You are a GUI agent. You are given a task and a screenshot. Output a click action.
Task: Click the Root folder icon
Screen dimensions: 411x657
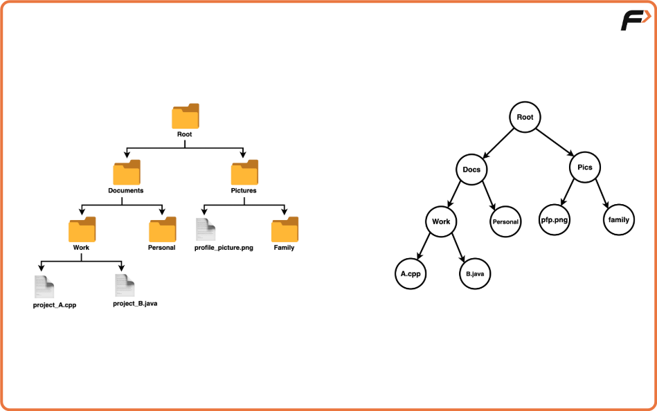(185, 116)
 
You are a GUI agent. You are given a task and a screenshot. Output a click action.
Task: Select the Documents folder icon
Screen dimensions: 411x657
(126, 173)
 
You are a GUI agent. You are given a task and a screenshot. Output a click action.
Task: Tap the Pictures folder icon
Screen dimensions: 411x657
(244, 173)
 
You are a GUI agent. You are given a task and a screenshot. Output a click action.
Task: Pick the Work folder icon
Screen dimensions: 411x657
(82, 230)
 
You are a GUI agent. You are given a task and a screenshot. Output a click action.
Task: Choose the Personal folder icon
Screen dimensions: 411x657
(162, 230)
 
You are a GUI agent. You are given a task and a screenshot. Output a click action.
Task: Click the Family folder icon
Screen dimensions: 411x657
(284, 230)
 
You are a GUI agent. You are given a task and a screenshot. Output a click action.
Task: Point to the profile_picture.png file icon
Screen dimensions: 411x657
(206, 230)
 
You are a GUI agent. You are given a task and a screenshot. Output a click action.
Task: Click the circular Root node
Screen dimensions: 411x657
(525, 117)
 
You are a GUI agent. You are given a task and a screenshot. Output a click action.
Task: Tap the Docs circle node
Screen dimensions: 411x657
(471, 170)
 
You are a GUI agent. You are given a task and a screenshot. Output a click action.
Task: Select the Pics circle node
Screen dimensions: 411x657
(585, 167)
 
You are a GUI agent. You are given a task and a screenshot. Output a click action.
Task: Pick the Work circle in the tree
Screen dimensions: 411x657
(441, 222)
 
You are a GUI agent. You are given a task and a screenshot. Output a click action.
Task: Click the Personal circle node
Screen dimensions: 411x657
(505, 222)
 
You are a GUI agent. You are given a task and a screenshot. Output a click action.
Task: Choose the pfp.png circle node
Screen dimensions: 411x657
(555, 220)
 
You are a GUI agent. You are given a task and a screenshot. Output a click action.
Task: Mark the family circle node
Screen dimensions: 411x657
(618, 220)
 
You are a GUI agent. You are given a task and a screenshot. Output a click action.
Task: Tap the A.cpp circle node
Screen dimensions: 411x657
(411, 273)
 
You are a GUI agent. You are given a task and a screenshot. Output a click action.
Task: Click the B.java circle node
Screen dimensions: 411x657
(474, 274)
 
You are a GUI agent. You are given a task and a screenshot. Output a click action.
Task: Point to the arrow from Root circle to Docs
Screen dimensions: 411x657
(498, 143)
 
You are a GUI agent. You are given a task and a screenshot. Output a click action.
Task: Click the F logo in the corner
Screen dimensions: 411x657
(633, 20)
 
